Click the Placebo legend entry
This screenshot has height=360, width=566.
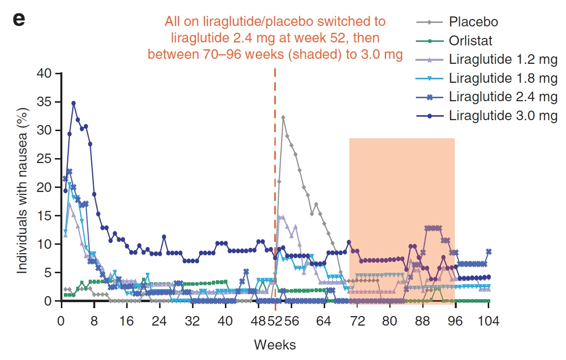coord(473,22)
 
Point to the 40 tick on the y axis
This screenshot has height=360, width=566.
coord(44,74)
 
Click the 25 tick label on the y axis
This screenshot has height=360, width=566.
coord(44,159)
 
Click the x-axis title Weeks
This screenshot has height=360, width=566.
coord(275,345)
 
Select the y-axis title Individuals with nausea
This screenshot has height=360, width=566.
coord(22,187)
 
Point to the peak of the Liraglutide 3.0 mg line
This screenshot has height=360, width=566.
coord(73,103)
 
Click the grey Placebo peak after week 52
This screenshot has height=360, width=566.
coord(283,118)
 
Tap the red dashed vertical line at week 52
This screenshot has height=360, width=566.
coord(275,150)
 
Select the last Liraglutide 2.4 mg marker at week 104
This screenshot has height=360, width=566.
coord(489,251)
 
